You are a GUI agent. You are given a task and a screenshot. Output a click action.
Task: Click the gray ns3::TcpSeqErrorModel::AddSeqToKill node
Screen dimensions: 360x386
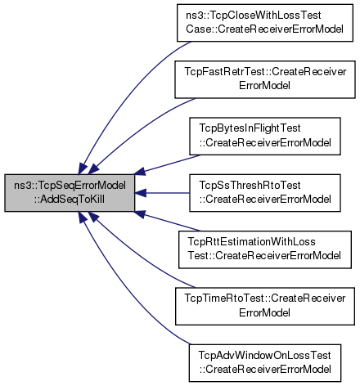70,193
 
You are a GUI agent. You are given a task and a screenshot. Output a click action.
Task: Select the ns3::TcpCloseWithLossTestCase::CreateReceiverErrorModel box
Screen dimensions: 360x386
265,23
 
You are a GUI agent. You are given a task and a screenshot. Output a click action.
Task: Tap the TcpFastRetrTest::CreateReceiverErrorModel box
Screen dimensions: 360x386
265,79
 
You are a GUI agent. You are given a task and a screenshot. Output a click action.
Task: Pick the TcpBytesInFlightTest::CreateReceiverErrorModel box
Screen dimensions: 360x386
265,137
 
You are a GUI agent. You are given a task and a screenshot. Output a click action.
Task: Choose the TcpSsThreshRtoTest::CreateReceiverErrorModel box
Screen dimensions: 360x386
265,193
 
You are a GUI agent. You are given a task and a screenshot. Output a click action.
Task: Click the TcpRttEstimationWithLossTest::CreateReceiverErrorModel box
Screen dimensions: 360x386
265,249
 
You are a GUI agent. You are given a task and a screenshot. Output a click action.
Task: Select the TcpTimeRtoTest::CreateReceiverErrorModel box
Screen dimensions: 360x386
265,306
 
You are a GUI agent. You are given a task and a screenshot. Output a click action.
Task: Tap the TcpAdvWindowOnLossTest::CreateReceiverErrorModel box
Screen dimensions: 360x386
265,363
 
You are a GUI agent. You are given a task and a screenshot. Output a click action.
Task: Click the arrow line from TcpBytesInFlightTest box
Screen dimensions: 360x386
167,164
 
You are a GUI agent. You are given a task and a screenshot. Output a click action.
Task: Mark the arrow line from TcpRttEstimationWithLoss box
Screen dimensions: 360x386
167,221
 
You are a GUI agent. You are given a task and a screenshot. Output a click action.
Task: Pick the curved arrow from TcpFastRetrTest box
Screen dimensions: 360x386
137,129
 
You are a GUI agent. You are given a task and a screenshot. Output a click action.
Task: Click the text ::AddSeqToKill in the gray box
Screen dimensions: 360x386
70,200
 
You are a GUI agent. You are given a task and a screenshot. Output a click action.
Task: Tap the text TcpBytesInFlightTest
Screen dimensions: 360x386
250,128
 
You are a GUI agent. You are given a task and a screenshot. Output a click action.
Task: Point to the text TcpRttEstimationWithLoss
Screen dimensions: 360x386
251,241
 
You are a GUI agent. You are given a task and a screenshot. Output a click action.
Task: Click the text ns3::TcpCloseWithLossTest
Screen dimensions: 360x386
254,16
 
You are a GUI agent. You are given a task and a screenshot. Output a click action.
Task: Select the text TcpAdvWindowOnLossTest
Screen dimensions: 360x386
264,355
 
